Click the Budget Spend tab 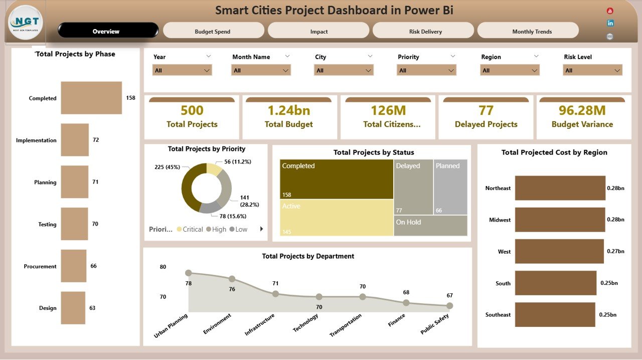point(213,31)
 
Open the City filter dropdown point(344,71)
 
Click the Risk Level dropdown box point(592,71)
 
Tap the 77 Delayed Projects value point(486,110)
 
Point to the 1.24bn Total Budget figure point(289,110)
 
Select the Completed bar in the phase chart point(91,98)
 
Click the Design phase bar point(73,308)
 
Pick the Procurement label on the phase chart point(40,266)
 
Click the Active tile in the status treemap point(337,217)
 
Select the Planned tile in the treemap point(450,187)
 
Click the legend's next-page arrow point(261,229)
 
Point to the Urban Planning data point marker point(189,273)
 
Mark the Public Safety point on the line point(449,305)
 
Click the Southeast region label point(498,315)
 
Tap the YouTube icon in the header point(610,11)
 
